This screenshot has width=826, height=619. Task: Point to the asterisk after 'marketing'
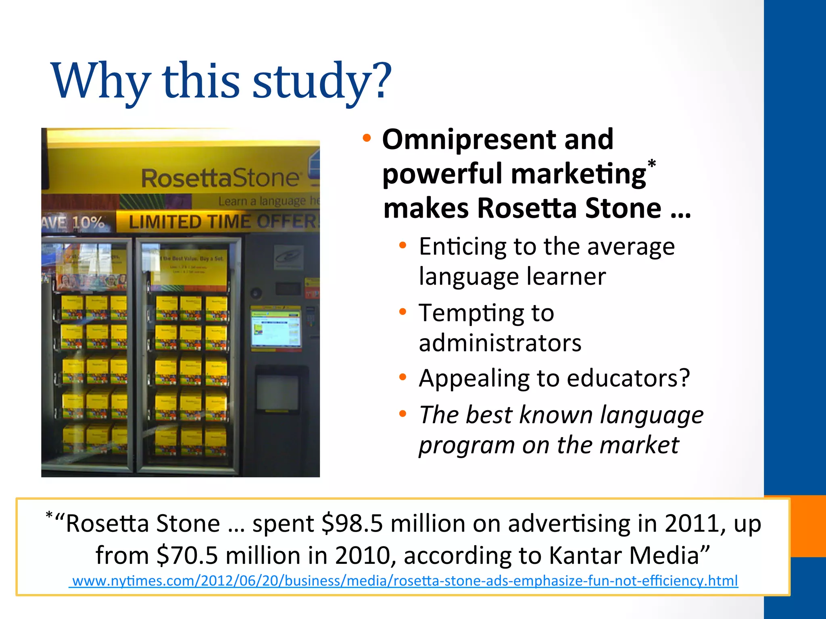click(652, 164)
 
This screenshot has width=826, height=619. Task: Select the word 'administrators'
click(500, 343)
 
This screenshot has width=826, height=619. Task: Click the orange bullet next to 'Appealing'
click(403, 377)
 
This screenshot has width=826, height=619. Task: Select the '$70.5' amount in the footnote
click(187, 555)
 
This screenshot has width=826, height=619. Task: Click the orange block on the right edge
click(808, 526)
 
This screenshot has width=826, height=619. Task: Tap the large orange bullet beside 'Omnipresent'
click(366, 138)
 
